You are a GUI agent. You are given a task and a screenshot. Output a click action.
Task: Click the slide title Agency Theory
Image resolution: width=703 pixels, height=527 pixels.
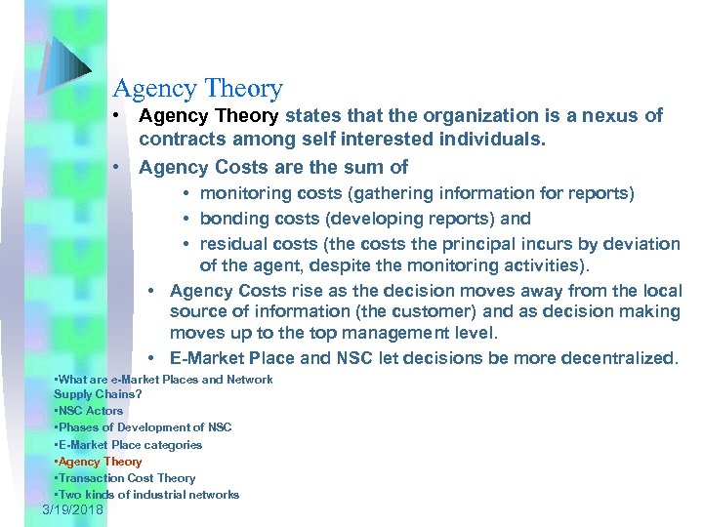tap(198, 90)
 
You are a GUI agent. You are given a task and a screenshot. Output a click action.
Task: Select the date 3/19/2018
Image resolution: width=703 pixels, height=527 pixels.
tap(73, 510)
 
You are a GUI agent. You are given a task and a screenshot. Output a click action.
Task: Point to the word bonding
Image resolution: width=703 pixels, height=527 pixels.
tap(233, 219)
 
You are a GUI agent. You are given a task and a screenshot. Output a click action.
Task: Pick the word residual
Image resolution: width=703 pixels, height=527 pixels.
tap(232, 244)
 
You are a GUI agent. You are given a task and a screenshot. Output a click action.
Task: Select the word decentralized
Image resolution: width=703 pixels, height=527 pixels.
tap(619, 358)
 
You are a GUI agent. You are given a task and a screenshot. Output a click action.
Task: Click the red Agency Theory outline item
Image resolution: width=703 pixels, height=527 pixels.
tap(101, 462)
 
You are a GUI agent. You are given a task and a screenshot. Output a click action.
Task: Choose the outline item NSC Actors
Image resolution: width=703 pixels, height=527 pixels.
tap(91, 411)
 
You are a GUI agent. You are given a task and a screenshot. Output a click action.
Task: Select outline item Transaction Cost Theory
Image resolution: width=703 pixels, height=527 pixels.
tap(127, 478)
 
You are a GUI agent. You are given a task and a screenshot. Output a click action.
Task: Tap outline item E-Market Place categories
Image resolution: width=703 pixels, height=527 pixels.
tap(130, 445)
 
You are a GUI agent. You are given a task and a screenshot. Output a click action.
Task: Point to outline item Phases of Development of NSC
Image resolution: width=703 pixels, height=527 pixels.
tap(145, 427)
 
